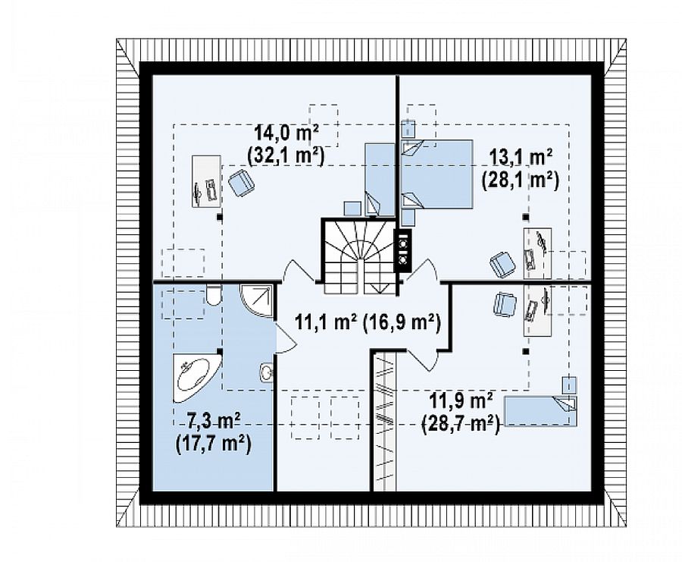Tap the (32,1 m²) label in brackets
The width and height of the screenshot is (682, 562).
click(286, 156)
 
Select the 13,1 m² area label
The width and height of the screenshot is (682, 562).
click(521, 158)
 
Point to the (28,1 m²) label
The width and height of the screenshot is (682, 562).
click(520, 180)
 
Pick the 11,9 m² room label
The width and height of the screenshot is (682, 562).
click(461, 401)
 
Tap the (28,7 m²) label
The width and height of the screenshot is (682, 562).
click(461, 423)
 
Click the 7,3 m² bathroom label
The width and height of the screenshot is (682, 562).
click(214, 422)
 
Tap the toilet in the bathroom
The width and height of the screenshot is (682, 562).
click(213, 295)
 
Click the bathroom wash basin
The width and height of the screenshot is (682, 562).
click(267, 372)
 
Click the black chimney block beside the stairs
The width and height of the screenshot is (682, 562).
click(403, 251)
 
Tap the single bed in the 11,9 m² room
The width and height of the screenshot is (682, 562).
click(540, 410)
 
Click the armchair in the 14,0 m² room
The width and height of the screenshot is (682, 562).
click(240, 184)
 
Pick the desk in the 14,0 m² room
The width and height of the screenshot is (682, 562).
click(207, 181)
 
